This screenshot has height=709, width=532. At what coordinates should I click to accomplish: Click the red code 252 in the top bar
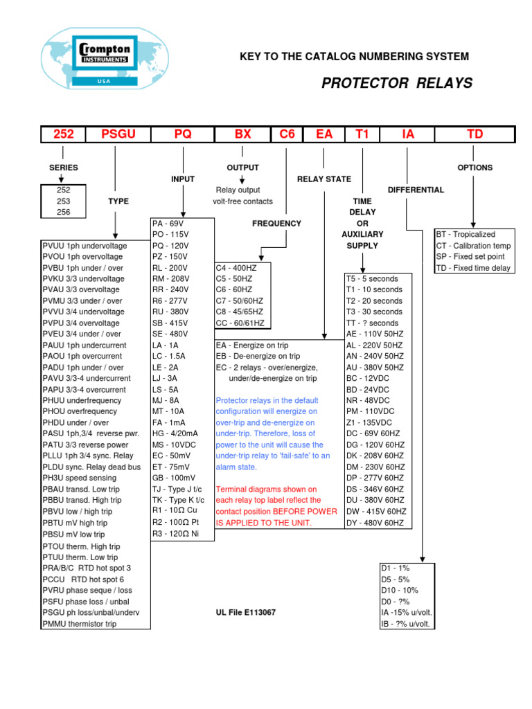click(x=64, y=134)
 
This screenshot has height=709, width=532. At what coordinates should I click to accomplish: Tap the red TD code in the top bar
click(x=475, y=134)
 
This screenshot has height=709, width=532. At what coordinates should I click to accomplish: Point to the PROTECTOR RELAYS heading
click(x=397, y=84)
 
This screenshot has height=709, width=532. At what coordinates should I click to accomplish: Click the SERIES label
click(x=64, y=168)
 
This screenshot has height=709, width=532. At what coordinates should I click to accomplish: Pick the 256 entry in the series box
click(x=64, y=213)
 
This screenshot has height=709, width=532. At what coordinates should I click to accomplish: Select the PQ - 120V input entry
click(x=171, y=246)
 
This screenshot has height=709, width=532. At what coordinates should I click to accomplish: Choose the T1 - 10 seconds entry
click(x=374, y=290)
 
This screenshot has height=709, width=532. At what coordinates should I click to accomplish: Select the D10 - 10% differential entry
click(x=400, y=591)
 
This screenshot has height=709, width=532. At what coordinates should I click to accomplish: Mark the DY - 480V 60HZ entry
click(x=375, y=523)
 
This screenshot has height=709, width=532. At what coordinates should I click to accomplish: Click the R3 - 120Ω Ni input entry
click(x=176, y=535)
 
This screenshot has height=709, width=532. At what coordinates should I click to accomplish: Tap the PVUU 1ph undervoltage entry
click(x=85, y=246)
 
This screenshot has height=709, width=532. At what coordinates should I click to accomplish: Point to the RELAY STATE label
click(x=324, y=179)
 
